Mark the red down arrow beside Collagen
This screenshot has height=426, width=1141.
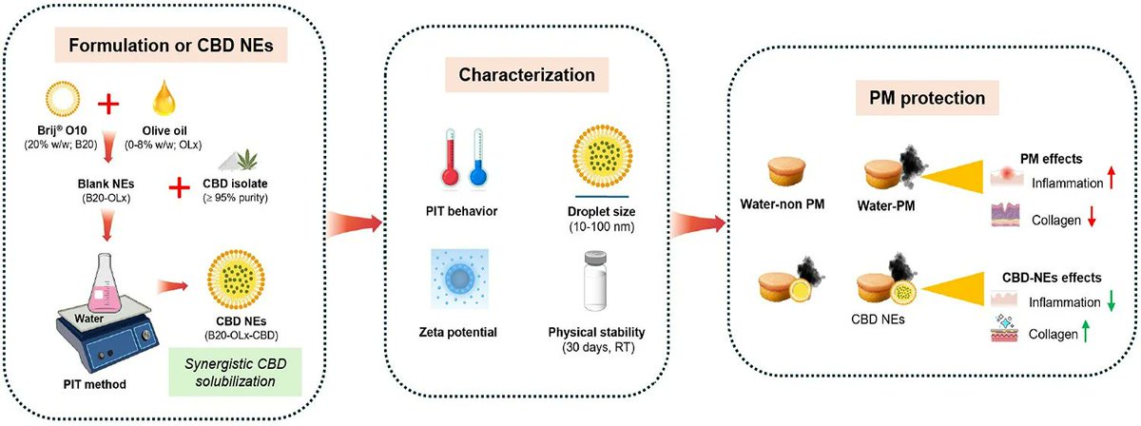click(1093, 219)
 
